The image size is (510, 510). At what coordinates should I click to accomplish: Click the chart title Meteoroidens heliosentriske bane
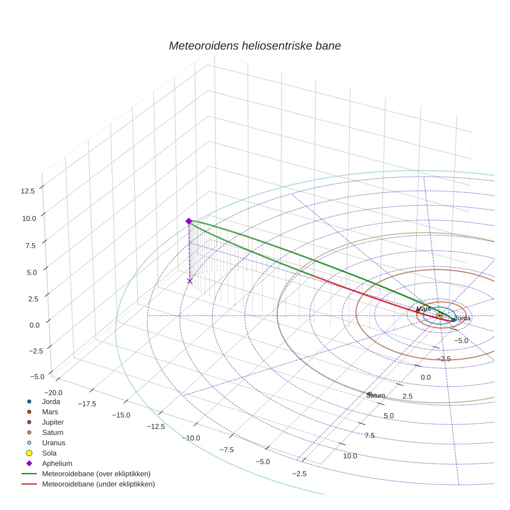coord(254,46)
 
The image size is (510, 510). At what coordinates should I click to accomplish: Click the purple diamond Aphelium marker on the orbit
coord(189,221)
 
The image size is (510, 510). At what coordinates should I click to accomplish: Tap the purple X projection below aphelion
coord(190,281)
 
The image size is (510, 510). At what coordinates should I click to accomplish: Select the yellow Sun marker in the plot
coord(439,315)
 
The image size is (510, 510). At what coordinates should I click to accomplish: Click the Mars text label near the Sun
coord(423,309)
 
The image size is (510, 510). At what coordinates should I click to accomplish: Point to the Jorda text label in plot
coord(462,318)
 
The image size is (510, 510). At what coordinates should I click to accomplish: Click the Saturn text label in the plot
coord(375,395)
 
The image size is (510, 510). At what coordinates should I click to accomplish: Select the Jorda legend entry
coord(51,402)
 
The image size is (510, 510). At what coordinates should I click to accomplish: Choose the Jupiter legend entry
coord(53,422)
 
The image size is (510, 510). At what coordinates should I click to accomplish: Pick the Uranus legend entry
coord(53,443)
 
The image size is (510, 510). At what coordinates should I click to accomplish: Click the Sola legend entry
coord(50,454)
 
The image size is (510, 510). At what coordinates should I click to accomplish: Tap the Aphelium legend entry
coord(56,464)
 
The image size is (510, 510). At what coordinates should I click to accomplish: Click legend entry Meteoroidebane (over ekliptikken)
coord(96,474)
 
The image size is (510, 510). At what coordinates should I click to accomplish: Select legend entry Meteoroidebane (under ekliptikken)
coord(98,484)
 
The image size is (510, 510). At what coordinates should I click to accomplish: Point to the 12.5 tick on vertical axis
coord(28,191)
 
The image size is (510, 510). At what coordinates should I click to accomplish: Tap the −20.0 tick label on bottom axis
coord(53,393)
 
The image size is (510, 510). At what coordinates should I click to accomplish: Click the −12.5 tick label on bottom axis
coord(155,427)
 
